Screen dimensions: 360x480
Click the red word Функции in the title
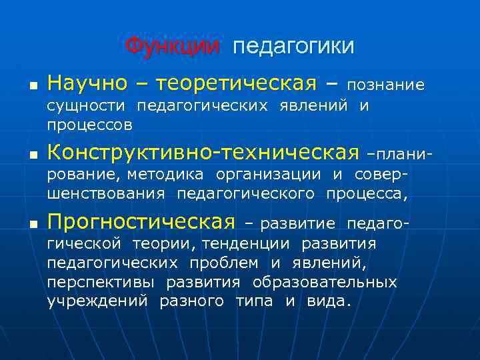pyautogui.click(x=172, y=46)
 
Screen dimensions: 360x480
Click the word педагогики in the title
pyautogui.click(x=293, y=47)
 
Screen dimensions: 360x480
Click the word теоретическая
pyautogui.click(x=235, y=84)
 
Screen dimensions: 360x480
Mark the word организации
pyautogui.click(x=269, y=175)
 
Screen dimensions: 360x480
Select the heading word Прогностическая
pyautogui.click(x=141, y=221)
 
